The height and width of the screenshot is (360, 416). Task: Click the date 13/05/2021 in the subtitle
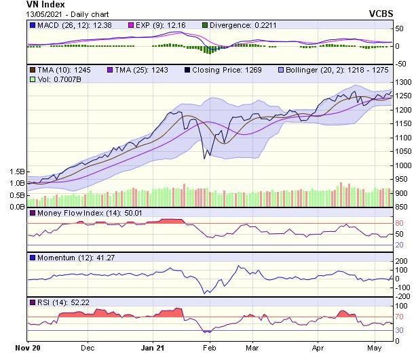click(x=47, y=14)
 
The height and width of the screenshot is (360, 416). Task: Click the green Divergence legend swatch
click(x=205, y=26)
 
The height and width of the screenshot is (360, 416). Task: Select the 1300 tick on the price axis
click(x=404, y=82)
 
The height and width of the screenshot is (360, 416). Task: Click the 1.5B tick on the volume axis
click(x=17, y=172)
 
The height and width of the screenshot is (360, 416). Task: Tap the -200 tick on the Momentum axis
click(x=403, y=296)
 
